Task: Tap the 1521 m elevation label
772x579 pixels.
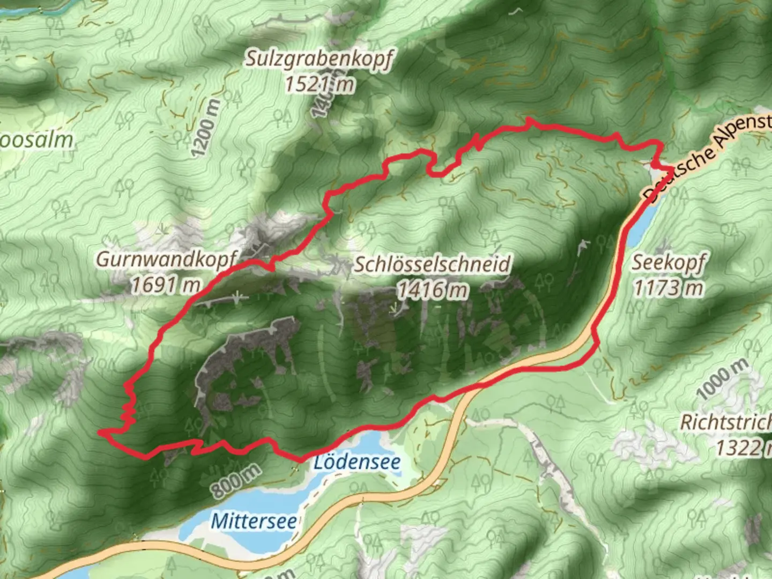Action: click(x=320, y=84)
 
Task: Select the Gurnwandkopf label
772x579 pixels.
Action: click(x=166, y=259)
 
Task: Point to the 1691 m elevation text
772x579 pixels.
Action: click(x=166, y=285)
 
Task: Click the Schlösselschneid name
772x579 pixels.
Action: click(x=433, y=264)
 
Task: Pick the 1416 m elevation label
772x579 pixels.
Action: click(x=433, y=290)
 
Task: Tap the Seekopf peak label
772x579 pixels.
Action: click(x=668, y=263)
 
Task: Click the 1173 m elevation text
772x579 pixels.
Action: click(x=668, y=288)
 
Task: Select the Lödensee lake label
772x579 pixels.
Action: click(x=357, y=462)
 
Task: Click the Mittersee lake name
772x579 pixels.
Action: click(x=254, y=521)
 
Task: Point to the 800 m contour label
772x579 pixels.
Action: click(x=235, y=480)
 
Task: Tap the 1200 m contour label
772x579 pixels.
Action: click(x=205, y=128)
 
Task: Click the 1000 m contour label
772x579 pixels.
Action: click(x=722, y=379)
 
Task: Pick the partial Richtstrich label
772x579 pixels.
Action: click(x=726, y=422)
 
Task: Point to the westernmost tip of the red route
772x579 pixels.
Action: click(x=100, y=431)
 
